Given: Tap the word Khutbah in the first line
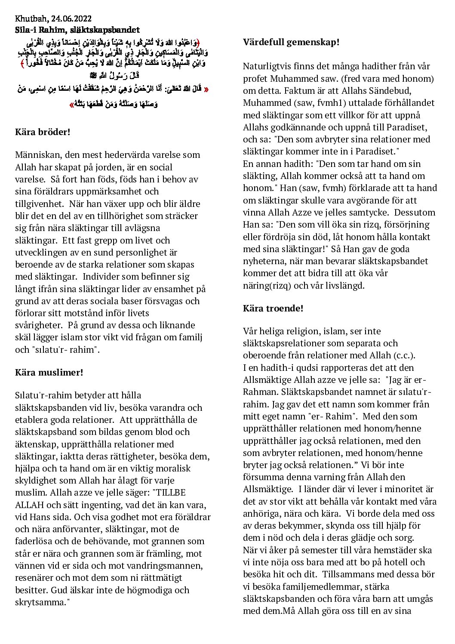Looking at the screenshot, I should [x=31, y=18].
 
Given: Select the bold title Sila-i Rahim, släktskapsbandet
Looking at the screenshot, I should [x=77, y=30].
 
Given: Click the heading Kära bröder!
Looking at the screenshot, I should [x=43, y=132].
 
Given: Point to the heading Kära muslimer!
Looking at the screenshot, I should [x=49, y=372].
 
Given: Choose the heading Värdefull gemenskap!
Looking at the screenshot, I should [x=291, y=42].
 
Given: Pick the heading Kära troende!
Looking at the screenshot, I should [x=273, y=308].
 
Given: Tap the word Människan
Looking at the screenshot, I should [x=37, y=155].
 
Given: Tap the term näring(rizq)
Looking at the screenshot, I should [x=267, y=285].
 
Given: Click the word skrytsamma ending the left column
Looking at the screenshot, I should [x=40, y=602].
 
